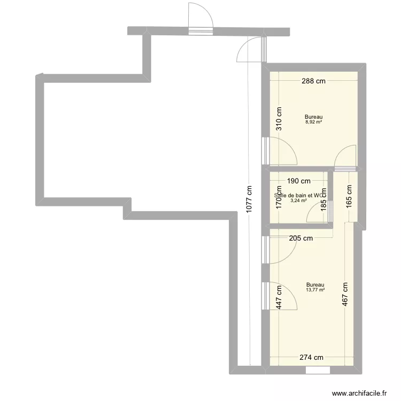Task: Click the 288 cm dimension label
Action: [313, 81]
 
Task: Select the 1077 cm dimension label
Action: [249, 200]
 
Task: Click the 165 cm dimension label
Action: [349, 196]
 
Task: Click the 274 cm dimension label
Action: [312, 358]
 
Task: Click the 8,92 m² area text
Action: [314, 122]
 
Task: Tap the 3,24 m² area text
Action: [298, 201]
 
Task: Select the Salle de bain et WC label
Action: [299, 196]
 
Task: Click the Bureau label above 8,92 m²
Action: [314, 117]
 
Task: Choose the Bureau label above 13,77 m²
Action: [315, 284]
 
